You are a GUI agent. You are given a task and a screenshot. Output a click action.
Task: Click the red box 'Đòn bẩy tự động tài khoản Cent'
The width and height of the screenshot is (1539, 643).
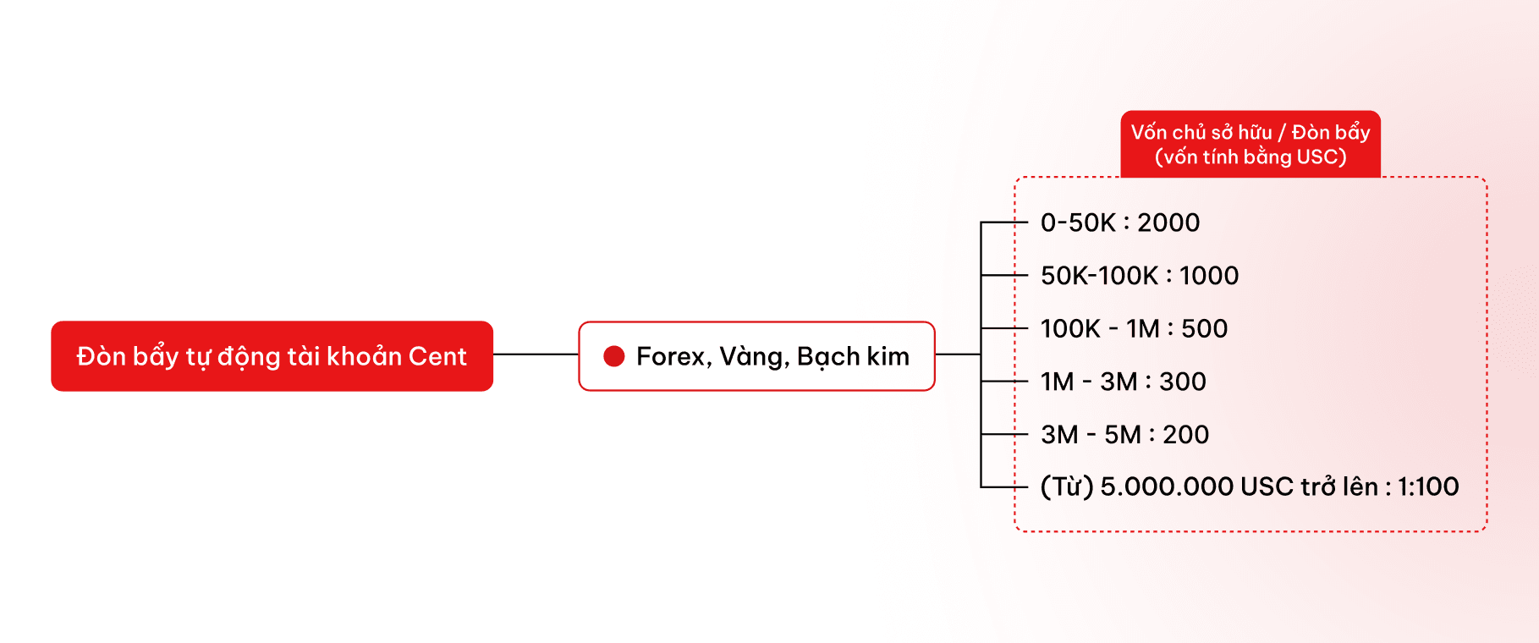tap(272, 356)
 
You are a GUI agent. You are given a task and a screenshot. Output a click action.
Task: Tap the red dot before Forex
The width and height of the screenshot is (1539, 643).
tap(613, 356)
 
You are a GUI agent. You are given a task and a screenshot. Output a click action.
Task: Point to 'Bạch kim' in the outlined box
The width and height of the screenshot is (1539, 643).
tap(853, 357)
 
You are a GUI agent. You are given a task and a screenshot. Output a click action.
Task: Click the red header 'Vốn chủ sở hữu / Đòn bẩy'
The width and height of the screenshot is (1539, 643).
tap(1250, 133)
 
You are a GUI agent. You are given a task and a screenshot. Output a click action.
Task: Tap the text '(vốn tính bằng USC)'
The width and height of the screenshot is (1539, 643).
tap(1250, 157)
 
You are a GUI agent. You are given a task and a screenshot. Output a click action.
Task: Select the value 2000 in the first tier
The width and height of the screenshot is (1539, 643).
tap(1168, 223)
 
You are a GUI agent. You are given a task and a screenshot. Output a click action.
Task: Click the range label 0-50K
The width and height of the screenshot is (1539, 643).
tap(1078, 223)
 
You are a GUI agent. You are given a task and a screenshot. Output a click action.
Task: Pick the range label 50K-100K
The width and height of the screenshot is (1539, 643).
tap(1099, 276)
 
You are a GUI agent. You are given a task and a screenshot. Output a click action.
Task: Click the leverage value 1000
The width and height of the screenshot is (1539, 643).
tap(1209, 276)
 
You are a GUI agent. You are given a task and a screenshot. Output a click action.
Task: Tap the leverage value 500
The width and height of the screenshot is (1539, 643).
tap(1204, 328)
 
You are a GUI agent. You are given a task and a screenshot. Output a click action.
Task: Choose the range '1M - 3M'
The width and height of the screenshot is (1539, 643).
tap(1089, 382)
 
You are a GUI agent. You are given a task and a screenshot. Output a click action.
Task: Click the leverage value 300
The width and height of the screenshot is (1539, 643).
tap(1183, 382)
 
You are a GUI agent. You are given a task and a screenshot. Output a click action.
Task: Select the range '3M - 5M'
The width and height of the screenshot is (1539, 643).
tap(1091, 435)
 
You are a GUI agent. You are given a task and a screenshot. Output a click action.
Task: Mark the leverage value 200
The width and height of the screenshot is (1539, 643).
tap(1186, 435)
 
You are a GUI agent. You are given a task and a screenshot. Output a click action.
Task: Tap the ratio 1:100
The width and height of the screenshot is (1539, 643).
tap(1428, 487)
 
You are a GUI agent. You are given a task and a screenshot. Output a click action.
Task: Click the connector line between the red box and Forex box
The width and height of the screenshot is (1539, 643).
tap(536, 354)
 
